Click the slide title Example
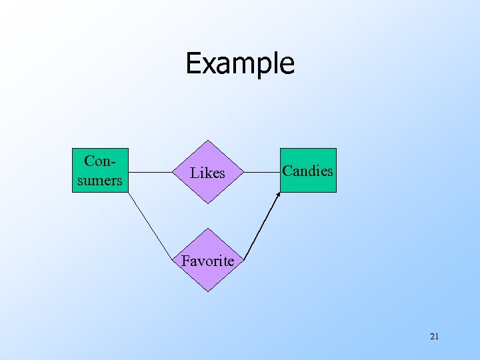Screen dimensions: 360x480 pyautogui.click(x=240, y=63)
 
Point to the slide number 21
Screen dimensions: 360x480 pyautogui.click(x=434, y=337)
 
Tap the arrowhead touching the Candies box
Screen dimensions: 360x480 pyautogui.click(x=278, y=194)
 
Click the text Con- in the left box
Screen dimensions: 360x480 pyautogui.click(x=99, y=161)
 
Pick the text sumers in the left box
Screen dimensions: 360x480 pyautogui.click(x=99, y=180)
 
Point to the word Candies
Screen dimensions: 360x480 pyautogui.click(x=307, y=171)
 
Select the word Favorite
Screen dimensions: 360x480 pyautogui.click(x=207, y=261)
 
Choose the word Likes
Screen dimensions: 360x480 pyautogui.click(x=207, y=173)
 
